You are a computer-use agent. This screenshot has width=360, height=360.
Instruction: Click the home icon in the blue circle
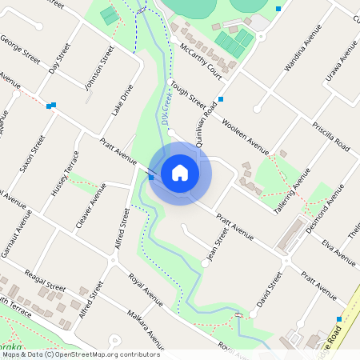(x=180, y=173)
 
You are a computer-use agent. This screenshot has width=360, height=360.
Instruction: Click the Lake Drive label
(x=122, y=99)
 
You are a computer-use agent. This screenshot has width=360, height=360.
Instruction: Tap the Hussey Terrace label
(x=65, y=174)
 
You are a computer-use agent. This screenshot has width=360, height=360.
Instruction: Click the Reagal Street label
(x=44, y=286)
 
